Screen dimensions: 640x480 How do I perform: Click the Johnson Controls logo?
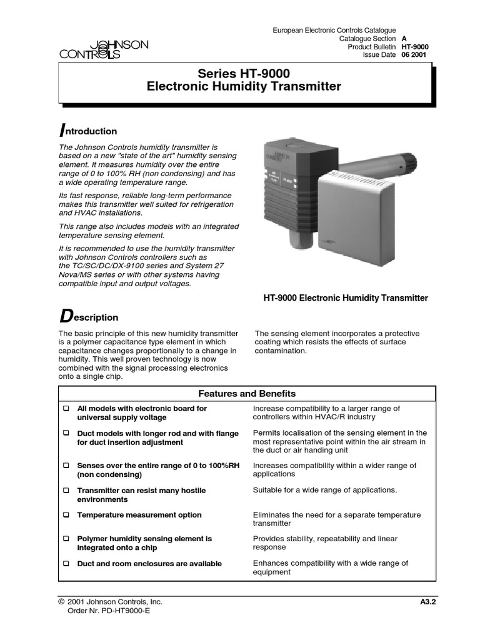pyautogui.click(x=104, y=49)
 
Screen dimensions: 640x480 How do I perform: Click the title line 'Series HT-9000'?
pyautogui.click(x=244, y=74)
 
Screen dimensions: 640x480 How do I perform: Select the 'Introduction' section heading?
pyautogui.click(x=87, y=131)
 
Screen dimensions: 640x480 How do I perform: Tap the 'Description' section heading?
pyautogui.click(x=88, y=317)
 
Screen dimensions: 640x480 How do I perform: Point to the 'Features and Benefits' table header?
pyautogui.click(x=247, y=394)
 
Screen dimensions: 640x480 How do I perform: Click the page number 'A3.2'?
pyautogui.click(x=428, y=602)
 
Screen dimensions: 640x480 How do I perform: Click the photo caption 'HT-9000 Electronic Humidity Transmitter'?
pyautogui.click(x=346, y=298)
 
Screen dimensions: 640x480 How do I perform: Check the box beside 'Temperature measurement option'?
pyautogui.click(x=66, y=516)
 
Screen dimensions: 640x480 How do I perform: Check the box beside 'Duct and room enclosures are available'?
pyautogui.click(x=66, y=564)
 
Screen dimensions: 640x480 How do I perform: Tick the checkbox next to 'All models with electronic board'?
pyautogui.click(x=66, y=409)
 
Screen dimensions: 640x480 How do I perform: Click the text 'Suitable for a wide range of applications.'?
pyautogui.click(x=324, y=490)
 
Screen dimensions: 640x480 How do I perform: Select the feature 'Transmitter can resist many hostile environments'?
pyautogui.click(x=141, y=495)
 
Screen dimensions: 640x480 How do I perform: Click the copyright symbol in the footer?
pyautogui.click(x=61, y=602)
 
